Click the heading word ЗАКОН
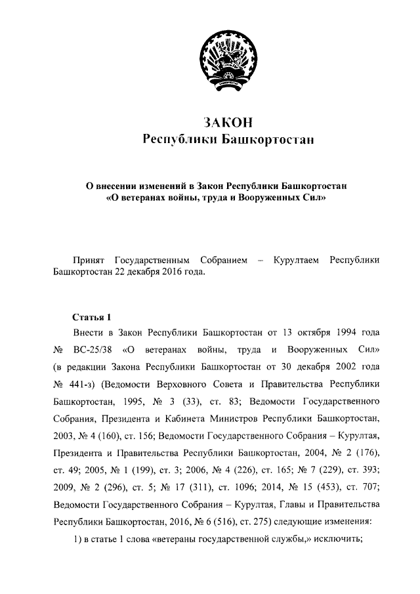tap(228, 123)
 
